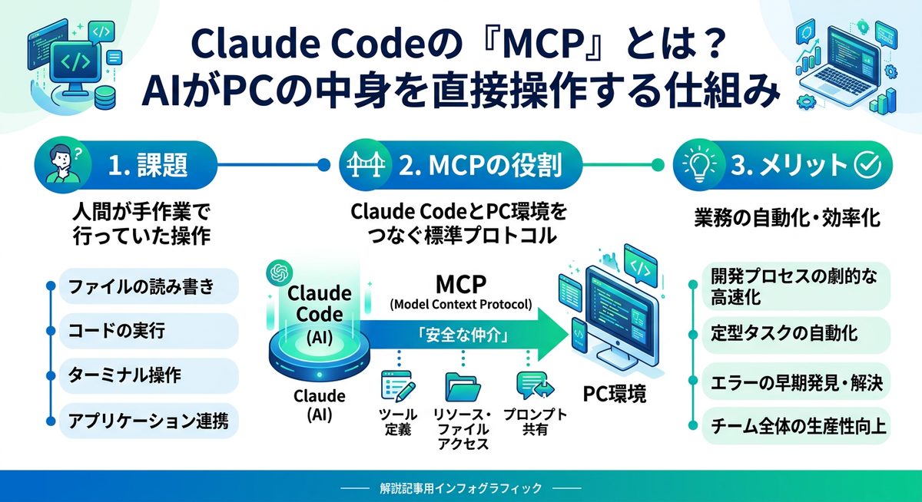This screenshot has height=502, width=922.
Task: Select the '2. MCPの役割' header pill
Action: [x=449, y=164]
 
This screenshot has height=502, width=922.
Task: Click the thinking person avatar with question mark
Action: [x=61, y=163]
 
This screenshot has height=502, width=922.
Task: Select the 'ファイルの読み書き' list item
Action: [x=141, y=289]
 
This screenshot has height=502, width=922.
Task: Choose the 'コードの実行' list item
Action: [x=141, y=332]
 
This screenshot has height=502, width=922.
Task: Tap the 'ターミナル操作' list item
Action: [x=141, y=376]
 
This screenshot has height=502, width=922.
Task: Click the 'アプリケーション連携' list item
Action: [x=141, y=420]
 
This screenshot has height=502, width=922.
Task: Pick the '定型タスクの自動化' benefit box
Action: [x=796, y=334]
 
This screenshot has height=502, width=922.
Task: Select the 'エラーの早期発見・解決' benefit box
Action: [x=796, y=379]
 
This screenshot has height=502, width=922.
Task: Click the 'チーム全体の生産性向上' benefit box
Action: [x=796, y=424]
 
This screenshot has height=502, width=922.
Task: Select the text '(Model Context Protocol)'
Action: [x=461, y=304]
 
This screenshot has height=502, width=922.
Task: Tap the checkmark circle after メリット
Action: [x=867, y=164]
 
